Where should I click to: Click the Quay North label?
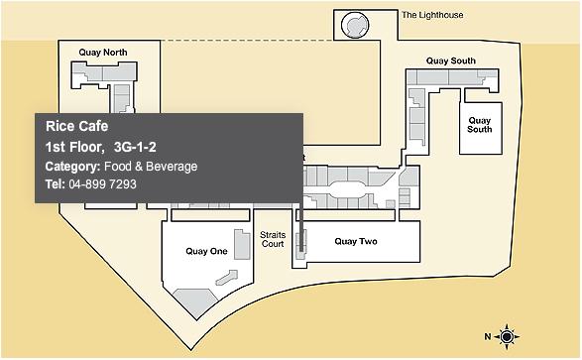click(103, 53)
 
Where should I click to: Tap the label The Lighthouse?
click(432, 15)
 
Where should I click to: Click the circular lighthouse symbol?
click(355, 25)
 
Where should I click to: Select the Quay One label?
click(206, 251)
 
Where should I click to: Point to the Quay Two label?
click(356, 242)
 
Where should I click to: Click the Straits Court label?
click(273, 239)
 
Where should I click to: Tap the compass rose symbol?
click(507, 337)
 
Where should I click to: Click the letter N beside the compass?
click(488, 336)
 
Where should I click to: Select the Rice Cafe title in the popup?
click(76, 126)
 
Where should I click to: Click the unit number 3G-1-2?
click(135, 148)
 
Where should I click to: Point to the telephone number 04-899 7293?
click(102, 184)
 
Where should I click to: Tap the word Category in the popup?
click(72, 167)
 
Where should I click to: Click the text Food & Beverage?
click(151, 167)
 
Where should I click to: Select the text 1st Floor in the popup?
click(74, 148)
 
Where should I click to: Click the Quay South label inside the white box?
click(480, 125)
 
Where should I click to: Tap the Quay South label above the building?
click(450, 60)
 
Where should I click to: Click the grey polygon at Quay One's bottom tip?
click(195, 301)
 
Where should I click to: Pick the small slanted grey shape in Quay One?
click(226, 278)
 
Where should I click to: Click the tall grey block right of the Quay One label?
click(242, 244)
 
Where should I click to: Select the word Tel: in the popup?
click(55, 184)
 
